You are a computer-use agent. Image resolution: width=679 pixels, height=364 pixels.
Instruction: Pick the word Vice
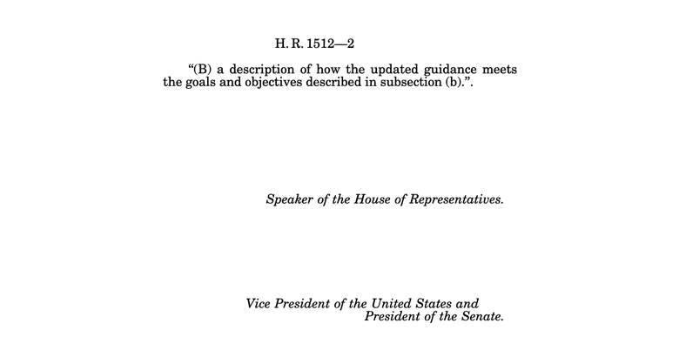261,303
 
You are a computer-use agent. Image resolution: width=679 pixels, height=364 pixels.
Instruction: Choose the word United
394,303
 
